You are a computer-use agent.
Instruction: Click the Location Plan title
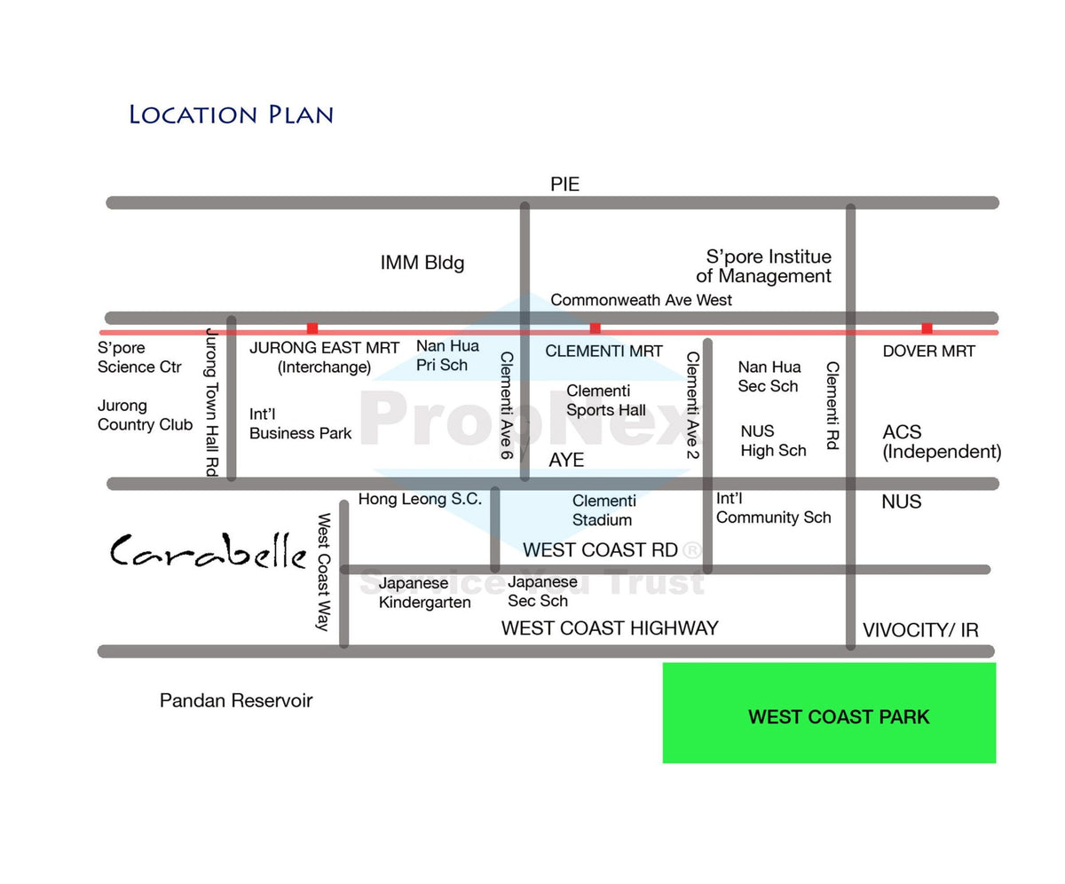(x=231, y=114)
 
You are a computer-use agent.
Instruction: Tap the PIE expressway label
(x=564, y=184)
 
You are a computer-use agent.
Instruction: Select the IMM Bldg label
(x=422, y=263)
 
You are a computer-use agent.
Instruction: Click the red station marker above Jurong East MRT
(x=312, y=328)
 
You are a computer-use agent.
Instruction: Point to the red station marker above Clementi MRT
(x=595, y=328)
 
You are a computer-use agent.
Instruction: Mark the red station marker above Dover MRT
(x=927, y=328)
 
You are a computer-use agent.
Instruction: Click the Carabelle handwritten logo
(x=209, y=551)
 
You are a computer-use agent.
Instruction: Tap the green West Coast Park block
(x=829, y=713)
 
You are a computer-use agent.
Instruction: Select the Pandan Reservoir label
(x=236, y=700)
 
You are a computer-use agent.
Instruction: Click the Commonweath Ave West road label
(x=641, y=300)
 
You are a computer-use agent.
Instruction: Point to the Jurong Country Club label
(x=145, y=414)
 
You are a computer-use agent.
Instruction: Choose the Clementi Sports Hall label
(x=606, y=400)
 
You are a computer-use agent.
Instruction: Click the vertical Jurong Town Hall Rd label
(x=212, y=402)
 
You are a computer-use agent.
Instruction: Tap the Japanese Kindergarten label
(x=424, y=593)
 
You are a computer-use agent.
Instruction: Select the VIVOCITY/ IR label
(x=920, y=630)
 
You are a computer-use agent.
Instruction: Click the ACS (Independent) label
(x=942, y=442)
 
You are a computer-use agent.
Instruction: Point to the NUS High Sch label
(x=773, y=441)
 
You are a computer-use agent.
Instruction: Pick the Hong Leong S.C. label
(x=420, y=499)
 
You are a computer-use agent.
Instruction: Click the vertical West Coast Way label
(x=324, y=572)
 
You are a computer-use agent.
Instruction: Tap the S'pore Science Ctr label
(x=139, y=357)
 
